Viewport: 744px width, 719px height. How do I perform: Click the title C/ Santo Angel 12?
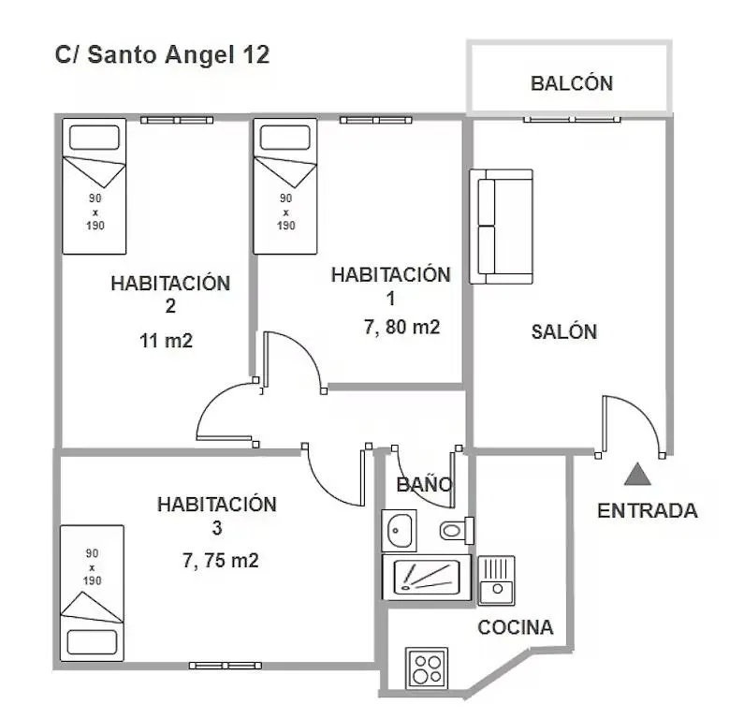pyautogui.click(x=162, y=54)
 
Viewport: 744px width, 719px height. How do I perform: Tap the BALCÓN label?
pyautogui.click(x=572, y=83)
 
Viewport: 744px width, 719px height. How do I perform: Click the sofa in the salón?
pyautogui.click(x=501, y=227)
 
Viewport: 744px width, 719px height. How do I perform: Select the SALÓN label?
pyautogui.click(x=564, y=331)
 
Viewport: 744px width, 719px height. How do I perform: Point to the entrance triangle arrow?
pyautogui.click(x=637, y=474)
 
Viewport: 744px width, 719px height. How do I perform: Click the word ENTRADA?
pyautogui.click(x=648, y=510)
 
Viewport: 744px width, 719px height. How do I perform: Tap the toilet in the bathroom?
pyautogui.click(x=457, y=530)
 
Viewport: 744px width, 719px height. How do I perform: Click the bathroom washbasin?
pyautogui.click(x=399, y=530)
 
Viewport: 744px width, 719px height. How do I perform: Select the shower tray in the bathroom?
pyautogui.click(x=427, y=578)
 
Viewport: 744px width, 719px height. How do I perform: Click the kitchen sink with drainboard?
pyautogui.click(x=496, y=580)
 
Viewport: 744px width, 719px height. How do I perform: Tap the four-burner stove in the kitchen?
pyautogui.click(x=427, y=668)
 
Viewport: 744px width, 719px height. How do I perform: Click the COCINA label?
pyautogui.click(x=516, y=627)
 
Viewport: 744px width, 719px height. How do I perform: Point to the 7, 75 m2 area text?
pyautogui.click(x=221, y=561)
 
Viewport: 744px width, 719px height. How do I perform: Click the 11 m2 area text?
pyautogui.click(x=166, y=341)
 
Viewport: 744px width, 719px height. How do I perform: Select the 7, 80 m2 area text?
pyautogui.click(x=401, y=327)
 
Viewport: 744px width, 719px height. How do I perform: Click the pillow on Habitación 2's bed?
pyautogui.click(x=95, y=138)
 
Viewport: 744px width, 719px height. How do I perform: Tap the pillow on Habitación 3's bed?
pyautogui.click(x=92, y=642)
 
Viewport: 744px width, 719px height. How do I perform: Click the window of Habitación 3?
pyautogui.click(x=226, y=666)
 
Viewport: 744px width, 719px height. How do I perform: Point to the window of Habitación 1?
pyautogui.click(x=376, y=120)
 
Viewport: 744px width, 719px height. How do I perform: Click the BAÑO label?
pyautogui.click(x=424, y=485)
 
